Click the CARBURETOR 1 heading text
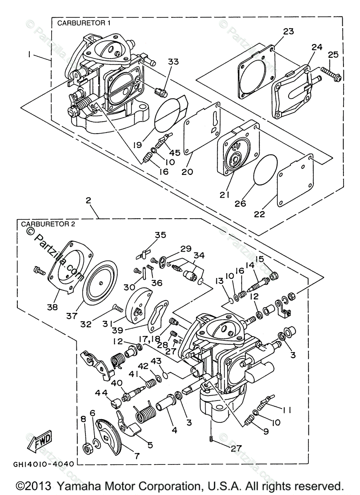click(x=83, y=23)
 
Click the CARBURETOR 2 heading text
click(x=48, y=224)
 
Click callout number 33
click(x=173, y=61)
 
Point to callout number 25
click(x=333, y=54)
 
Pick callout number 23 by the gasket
click(x=288, y=31)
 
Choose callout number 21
click(x=224, y=195)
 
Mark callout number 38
click(x=52, y=307)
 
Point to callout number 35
click(x=160, y=235)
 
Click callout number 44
click(x=101, y=393)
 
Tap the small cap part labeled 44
click(x=116, y=403)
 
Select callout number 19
click(x=137, y=145)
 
